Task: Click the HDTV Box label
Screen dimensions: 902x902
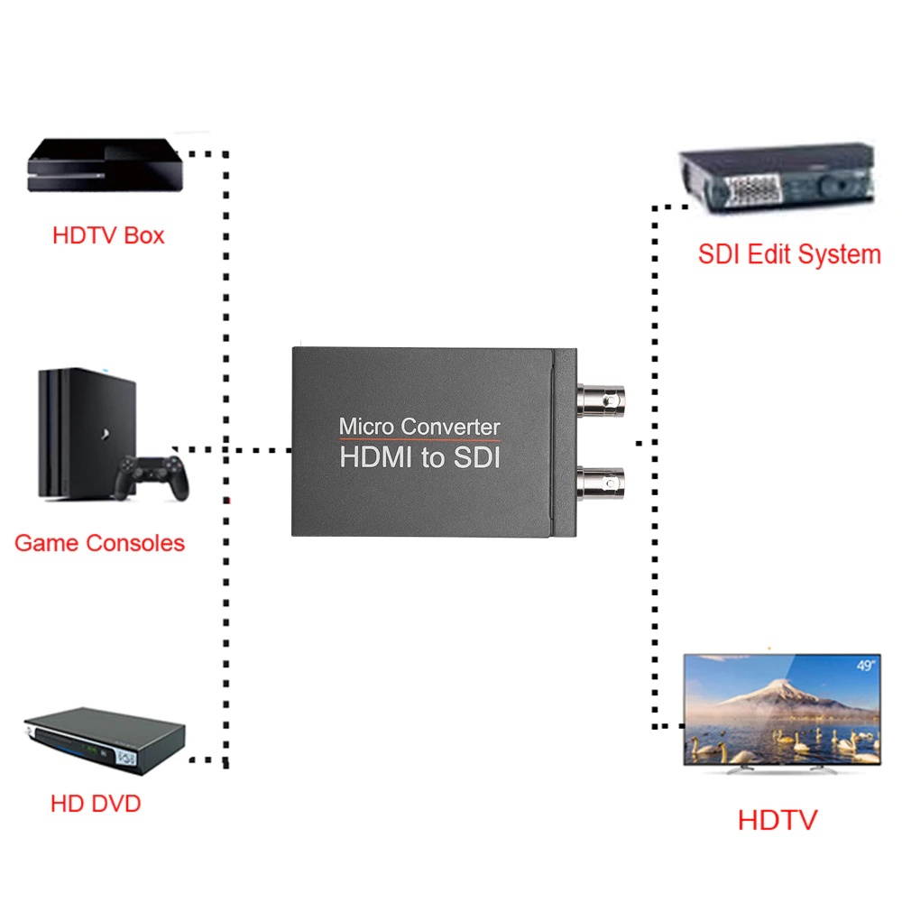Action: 108,236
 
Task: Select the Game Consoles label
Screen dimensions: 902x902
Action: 99,543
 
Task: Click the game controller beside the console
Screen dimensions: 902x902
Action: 152,478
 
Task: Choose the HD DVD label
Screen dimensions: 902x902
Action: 96,803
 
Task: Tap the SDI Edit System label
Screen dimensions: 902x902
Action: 788,254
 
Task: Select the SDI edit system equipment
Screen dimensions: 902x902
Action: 776,180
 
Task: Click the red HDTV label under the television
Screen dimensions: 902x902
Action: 777,820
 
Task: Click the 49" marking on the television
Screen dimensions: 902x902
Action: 863,667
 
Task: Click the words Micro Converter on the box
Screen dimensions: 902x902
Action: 419,426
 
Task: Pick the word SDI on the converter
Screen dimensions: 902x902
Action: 475,457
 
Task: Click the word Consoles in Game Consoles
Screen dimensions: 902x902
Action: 135,543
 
